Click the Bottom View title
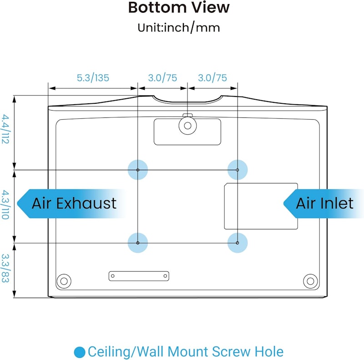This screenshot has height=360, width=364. [179, 7]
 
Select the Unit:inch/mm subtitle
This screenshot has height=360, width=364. [179, 28]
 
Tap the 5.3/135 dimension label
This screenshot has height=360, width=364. [93, 78]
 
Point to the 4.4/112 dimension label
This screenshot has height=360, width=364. [5, 129]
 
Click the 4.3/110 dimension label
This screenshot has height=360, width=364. [5, 205]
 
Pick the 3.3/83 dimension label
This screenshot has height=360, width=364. [5, 268]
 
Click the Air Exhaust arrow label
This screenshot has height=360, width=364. [71, 204]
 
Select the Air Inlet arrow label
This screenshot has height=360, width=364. [324, 204]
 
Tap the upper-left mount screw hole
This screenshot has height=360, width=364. [138, 170]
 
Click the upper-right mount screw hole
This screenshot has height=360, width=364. [238, 170]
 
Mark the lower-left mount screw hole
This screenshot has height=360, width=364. [138, 243]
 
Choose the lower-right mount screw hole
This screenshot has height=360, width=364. [238, 243]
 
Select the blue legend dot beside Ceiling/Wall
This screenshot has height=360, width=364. [80, 352]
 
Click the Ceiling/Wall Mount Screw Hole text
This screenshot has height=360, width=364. [186, 352]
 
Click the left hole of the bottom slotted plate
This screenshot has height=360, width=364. [113, 276]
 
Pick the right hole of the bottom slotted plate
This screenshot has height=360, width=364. [165, 276]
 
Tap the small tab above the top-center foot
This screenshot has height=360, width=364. [187, 115]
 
